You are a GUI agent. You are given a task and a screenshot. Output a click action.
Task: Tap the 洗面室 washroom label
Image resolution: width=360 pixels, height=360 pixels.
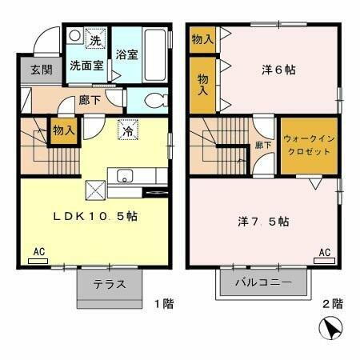pyautogui.click(x=86, y=66)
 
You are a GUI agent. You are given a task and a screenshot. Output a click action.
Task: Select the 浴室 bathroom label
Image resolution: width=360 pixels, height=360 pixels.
pyautogui.click(x=126, y=56)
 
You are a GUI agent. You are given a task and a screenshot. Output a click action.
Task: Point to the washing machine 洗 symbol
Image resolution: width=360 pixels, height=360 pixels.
pyautogui.click(x=94, y=41)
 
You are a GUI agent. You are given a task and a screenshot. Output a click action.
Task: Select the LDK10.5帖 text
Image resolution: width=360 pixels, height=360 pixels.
pyautogui.click(x=94, y=216)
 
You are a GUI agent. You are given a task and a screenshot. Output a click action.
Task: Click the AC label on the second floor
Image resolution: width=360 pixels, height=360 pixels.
pyautogui.click(x=325, y=253)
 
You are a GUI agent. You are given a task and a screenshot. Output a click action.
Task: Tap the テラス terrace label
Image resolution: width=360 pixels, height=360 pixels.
pyautogui.click(x=108, y=284)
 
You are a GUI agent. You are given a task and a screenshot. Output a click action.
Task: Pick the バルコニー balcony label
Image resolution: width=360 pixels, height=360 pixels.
pyautogui.click(x=262, y=282)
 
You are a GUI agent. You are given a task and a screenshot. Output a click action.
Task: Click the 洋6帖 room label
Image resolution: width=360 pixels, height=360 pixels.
pyautogui.click(x=279, y=70)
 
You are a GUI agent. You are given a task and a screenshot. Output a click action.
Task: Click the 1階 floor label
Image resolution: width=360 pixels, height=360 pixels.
pyautogui.click(x=163, y=304)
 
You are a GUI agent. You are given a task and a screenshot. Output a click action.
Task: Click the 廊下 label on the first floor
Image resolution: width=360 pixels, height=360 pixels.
pyautogui.click(x=89, y=102)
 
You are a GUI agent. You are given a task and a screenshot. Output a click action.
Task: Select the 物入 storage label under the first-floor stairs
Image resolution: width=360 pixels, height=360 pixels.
pyautogui.click(x=64, y=129)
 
